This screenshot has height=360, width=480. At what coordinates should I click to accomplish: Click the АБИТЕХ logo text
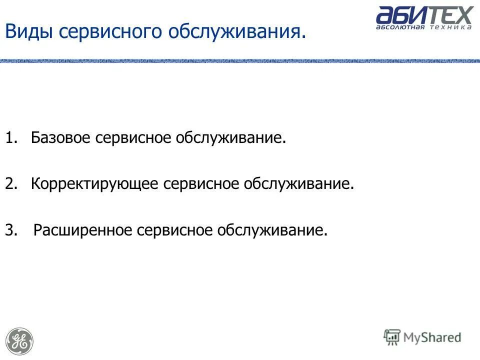[424, 15]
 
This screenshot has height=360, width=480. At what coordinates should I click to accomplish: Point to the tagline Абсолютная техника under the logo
[424, 27]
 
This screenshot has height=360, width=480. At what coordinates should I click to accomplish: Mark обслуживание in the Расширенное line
[271, 230]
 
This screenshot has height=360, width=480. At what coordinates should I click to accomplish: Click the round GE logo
[20, 341]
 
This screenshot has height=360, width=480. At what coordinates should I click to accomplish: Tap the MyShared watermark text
[432, 338]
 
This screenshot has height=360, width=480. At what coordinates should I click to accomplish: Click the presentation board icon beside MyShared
[392, 337]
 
